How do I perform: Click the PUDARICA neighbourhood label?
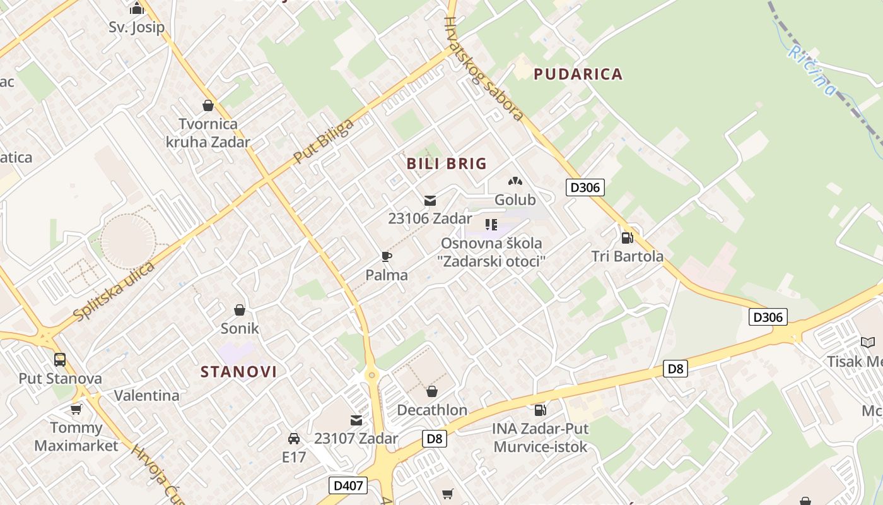[578, 74]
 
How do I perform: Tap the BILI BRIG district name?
[447, 163]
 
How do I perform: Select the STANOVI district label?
[238, 371]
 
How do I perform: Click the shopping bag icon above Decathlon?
[432, 391]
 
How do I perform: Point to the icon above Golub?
[515, 181]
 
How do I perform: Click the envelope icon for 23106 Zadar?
[430, 201]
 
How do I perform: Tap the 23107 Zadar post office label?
[356, 438]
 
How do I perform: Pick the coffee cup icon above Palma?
[387, 256]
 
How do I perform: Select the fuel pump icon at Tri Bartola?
[627, 237]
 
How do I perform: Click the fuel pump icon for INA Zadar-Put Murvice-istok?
[540, 410]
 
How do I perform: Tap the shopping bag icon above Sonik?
[240, 309]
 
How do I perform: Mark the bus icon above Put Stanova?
[60, 360]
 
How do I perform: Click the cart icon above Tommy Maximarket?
[76, 409]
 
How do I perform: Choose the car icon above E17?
[293, 438]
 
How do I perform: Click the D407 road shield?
[348, 485]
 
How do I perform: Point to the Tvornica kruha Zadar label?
[208, 133]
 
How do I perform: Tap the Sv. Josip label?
[136, 27]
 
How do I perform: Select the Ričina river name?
[812, 69]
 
